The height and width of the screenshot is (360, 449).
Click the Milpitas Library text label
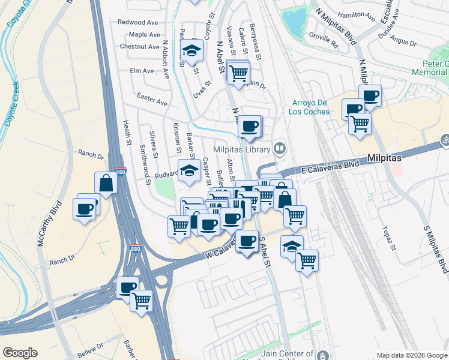click(242, 149)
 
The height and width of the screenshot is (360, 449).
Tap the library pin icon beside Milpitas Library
click(279, 148)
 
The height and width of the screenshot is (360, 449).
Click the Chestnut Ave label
click(139, 46)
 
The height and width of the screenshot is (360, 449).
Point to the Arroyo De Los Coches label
click(311, 107)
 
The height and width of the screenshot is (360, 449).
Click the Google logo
click(20, 353)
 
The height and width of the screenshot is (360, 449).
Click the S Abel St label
click(266, 252)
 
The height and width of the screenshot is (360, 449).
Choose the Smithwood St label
click(143, 158)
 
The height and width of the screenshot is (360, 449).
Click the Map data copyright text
click(412, 355)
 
